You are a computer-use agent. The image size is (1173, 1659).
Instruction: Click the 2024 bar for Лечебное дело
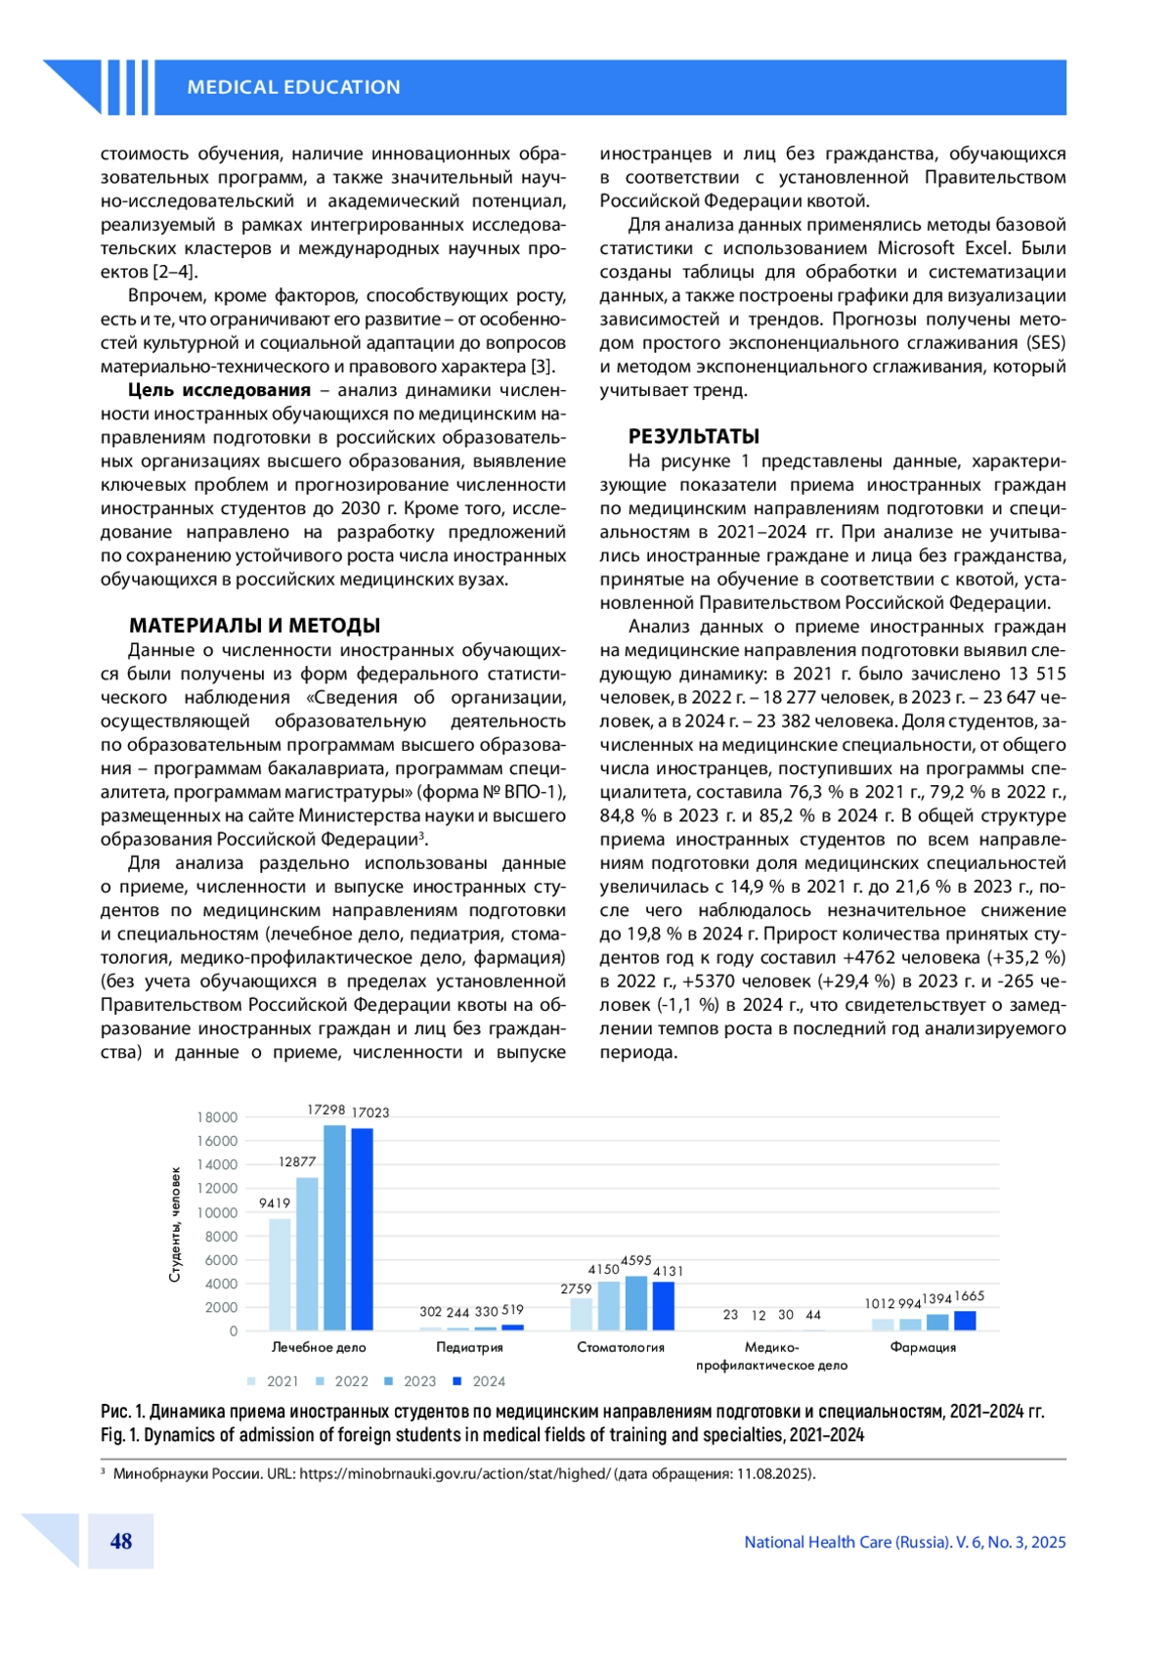(362, 1229)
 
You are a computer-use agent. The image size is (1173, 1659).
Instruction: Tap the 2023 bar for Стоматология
(636, 1303)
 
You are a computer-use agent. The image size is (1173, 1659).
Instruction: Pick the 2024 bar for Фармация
(965, 1321)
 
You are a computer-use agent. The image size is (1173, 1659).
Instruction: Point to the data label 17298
(326, 1110)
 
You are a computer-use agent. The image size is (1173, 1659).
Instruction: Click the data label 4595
(636, 1261)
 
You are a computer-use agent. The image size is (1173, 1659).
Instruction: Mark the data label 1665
(970, 1296)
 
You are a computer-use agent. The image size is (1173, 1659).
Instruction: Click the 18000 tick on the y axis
(217, 1117)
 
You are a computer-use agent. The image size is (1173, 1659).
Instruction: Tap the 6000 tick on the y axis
(221, 1260)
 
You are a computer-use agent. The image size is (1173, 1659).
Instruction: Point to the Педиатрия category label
(469, 1347)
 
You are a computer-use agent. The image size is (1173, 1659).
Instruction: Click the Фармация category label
(923, 1347)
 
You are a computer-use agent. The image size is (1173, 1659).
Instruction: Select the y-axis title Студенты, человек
(176, 1224)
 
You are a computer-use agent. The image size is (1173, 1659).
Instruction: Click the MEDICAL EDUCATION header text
(293, 87)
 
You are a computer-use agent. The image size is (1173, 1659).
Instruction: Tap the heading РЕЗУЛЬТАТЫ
(693, 436)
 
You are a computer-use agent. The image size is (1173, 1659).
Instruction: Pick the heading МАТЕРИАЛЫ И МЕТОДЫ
(254, 626)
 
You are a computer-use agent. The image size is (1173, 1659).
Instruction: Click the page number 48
(121, 1542)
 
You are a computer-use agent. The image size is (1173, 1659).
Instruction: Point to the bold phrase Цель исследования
(219, 390)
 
